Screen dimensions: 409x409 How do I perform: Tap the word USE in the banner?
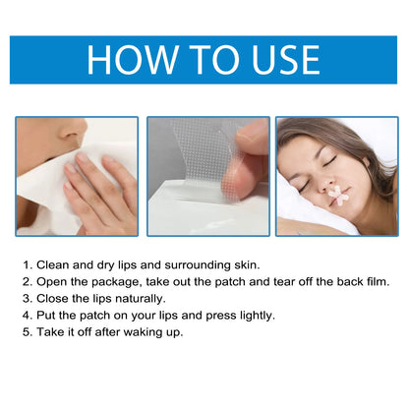coord(285,60)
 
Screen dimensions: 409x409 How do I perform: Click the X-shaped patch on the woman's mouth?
coord(338,196)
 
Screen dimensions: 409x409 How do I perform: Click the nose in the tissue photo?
coord(73,131)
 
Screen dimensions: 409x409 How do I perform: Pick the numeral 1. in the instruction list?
coord(28,265)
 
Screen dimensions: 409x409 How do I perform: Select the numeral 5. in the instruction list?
coord(28,332)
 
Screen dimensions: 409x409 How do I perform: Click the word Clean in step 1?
coord(53,265)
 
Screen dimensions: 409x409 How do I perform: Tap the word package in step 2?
coord(117,282)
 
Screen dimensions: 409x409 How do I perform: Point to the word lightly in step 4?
coord(258,316)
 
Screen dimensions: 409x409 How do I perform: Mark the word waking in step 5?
coord(144,333)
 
